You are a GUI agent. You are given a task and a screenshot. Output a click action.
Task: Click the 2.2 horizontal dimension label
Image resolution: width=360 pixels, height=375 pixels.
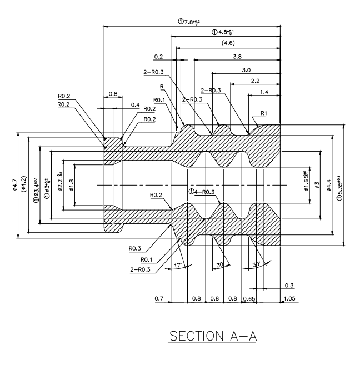pos(256,81)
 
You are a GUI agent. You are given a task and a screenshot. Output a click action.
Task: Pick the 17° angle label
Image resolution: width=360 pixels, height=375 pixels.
pos(178,266)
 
